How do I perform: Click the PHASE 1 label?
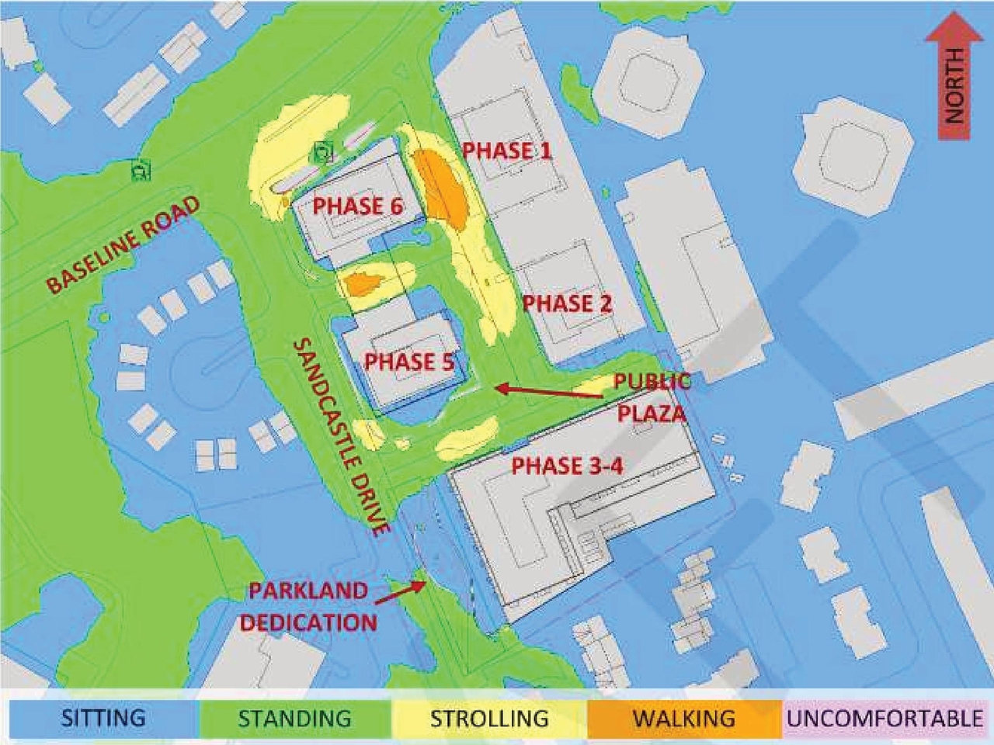[507, 151]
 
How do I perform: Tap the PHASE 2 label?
[568, 303]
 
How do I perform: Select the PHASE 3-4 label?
[568, 466]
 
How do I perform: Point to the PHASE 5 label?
[409, 362]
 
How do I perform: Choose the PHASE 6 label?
[358, 206]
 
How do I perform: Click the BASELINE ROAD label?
[123, 244]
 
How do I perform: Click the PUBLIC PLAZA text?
[651, 397]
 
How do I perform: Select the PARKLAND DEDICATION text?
[308, 606]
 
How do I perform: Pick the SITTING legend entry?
[103, 718]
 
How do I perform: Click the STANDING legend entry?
[295, 718]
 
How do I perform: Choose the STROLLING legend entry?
[489, 718]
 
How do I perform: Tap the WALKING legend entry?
[683, 718]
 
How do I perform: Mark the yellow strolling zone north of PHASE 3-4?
[466, 439]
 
